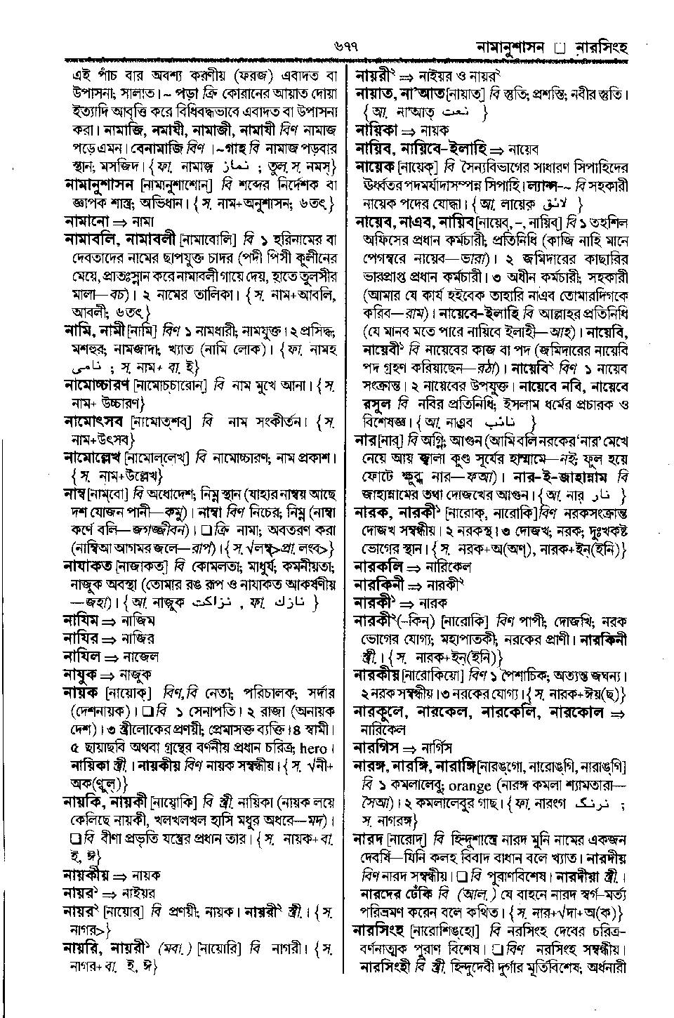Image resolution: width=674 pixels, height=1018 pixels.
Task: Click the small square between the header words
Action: pos(559,49)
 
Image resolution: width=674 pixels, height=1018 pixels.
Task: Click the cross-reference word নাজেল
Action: pos(140,657)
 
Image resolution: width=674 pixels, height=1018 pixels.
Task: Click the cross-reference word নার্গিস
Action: pos(436,747)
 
